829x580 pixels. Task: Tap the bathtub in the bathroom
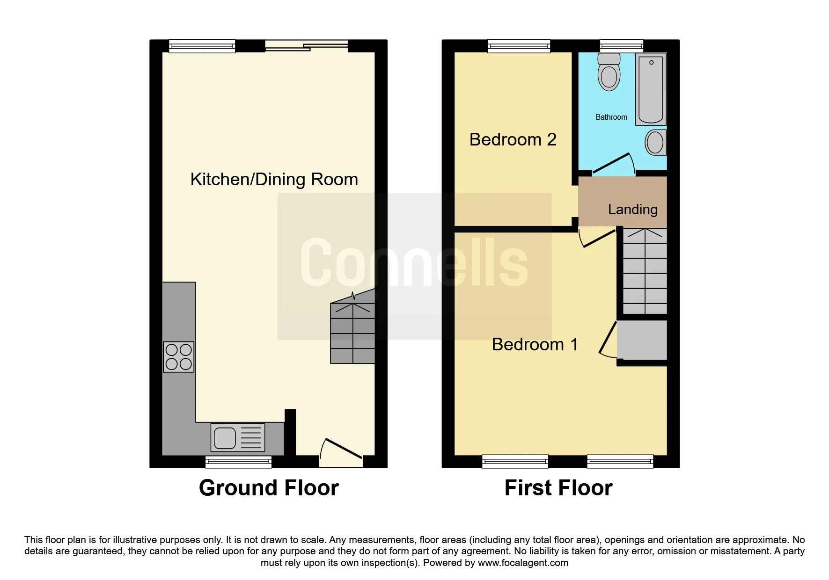tap(651, 89)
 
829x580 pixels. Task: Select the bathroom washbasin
tap(655, 142)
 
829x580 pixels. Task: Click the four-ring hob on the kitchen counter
tap(178, 357)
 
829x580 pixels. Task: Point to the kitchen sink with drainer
tap(237, 438)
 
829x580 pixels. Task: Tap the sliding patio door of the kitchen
tap(307, 46)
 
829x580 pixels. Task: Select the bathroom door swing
tap(613, 164)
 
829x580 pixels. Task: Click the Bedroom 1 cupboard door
tap(608, 341)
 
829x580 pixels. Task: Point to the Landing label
tap(632, 210)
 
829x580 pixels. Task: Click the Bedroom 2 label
tap(513, 140)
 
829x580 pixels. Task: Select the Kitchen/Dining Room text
tap(274, 180)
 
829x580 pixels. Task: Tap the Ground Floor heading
tap(269, 488)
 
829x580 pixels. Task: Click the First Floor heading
tap(558, 488)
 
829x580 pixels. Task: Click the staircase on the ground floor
tap(352, 333)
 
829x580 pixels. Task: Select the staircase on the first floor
tap(645, 271)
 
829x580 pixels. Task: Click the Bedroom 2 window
tap(519, 46)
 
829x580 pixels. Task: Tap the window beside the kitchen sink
tap(238, 462)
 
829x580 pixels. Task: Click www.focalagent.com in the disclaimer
tap(523, 563)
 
